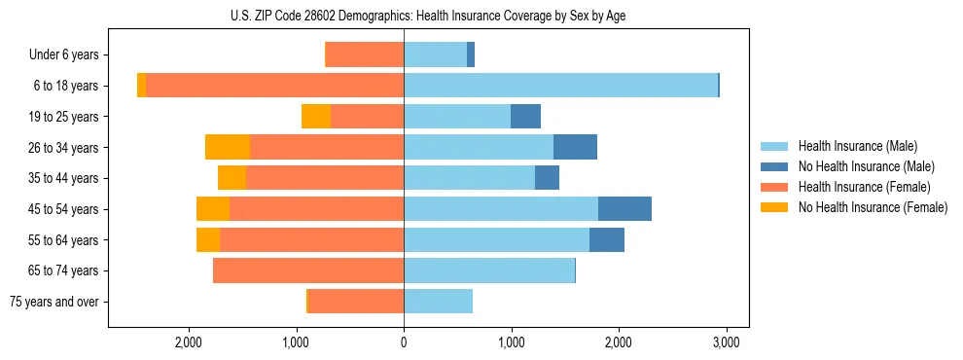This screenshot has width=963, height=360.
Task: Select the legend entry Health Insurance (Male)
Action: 857,146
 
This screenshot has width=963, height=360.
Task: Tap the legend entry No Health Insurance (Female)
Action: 873,207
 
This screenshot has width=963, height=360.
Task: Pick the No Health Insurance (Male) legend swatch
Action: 775,166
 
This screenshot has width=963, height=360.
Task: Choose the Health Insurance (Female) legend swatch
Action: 775,187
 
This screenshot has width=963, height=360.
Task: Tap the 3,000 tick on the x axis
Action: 726,342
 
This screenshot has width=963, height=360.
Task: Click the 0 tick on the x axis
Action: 404,342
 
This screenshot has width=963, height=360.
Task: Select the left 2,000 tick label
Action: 188,342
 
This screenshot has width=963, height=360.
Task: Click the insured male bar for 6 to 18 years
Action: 560,86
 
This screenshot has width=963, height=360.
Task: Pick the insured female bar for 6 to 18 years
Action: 274,86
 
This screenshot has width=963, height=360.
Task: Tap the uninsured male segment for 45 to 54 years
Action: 624,209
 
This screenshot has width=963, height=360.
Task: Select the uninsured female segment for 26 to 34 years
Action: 228,147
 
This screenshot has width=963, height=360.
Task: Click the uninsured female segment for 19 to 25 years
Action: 316,117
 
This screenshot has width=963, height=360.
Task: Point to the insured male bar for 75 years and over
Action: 438,302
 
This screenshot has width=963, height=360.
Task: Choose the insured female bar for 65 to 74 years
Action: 308,270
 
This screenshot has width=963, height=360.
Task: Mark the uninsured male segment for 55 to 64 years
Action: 607,240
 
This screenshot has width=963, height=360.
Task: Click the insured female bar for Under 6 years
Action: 365,55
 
